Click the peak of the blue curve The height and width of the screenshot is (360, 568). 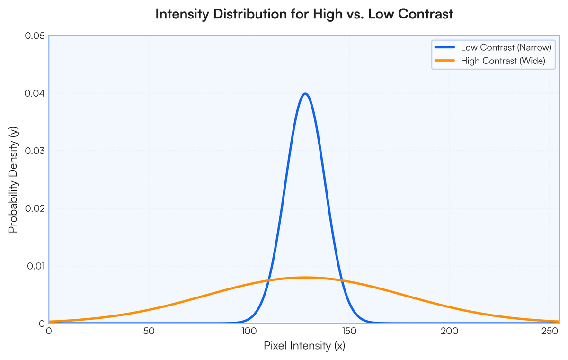pyautogui.click(x=305, y=93)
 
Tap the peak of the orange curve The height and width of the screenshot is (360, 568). pyautogui.click(x=305, y=277)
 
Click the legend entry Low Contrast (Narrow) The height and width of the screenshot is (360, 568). pyautogui.click(x=506, y=48)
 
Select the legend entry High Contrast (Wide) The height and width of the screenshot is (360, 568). pyautogui.click(x=503, y=61)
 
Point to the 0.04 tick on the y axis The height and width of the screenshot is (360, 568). pyautogui.click(x=35, y=93)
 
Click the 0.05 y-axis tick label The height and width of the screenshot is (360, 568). pyautogui.click(x=35, y=36)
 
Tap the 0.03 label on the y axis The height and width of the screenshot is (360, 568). pyautogui.click(x=35, y=151)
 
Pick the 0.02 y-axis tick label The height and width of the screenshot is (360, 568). pyautogui.click(x=35, y=208)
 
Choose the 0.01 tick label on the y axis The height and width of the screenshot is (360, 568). pyautogui.click(x=35, y=266)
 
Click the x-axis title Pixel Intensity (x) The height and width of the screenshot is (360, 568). pyautogui.click(x=304, y=346)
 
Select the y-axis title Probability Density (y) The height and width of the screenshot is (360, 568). pyautogui.click(x=13, y=180)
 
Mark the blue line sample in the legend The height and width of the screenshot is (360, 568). pyautogui.click(x=444, y=48)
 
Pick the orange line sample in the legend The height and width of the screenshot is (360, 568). pyautogui.click(x=444, y=61)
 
